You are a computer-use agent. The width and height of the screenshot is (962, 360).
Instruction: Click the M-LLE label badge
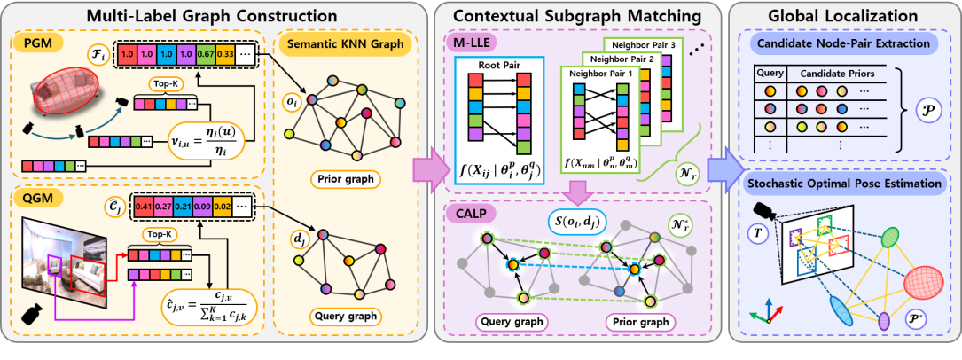471,42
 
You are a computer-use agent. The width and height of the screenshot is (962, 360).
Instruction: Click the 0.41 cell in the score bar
142,207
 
